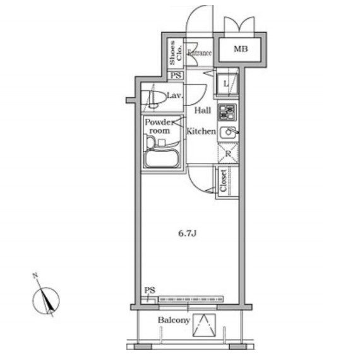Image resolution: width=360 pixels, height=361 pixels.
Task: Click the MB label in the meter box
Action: (241, 49)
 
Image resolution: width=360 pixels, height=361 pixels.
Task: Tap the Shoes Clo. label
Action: (176, 53)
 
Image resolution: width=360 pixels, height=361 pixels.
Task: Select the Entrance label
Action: (200, 53)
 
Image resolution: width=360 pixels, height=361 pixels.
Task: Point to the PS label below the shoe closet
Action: (176, 75)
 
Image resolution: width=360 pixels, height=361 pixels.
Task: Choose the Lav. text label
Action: (175, 95)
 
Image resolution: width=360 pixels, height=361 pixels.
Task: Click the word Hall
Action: (203, 110)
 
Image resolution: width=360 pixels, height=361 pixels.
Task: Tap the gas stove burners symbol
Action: (227, 112)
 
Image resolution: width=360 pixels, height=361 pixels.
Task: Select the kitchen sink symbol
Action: (228, 133)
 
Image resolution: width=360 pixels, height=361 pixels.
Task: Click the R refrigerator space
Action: (228, 153)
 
